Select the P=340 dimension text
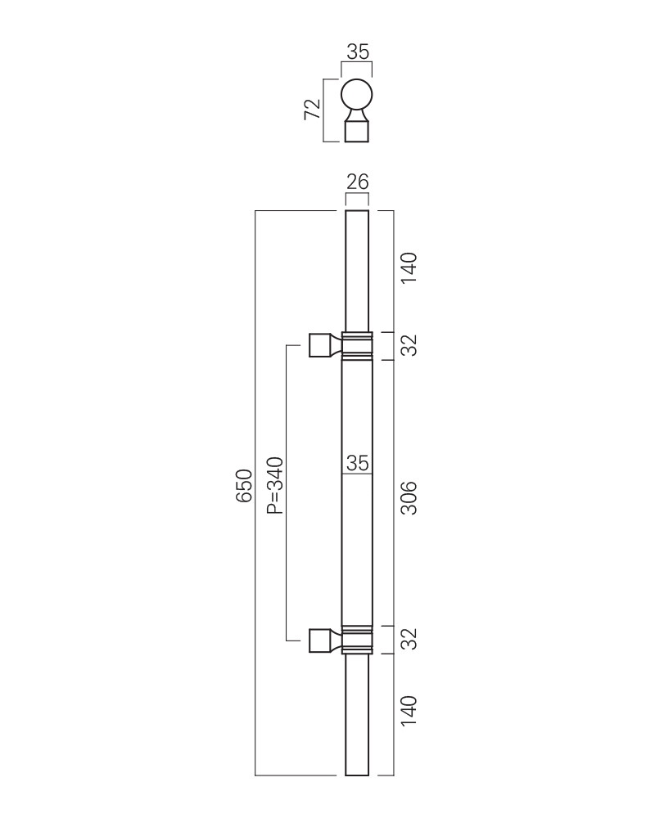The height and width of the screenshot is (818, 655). [275, 485]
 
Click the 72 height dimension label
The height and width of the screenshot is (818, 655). [312, 110]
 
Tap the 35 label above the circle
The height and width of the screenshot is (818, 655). [357, 52]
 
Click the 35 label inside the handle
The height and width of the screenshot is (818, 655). [357, 463]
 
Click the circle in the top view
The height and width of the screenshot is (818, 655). [357, 94]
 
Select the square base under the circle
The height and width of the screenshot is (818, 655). [357, 131]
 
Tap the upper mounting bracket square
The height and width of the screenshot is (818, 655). [318, 345]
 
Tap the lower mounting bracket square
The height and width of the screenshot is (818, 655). [318, 640]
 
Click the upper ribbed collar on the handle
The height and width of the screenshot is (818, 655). [357, 346]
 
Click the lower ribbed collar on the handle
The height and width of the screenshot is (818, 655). [357, 639]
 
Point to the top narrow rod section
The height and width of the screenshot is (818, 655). [357, 270]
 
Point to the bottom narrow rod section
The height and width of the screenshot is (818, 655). [357, 713]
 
